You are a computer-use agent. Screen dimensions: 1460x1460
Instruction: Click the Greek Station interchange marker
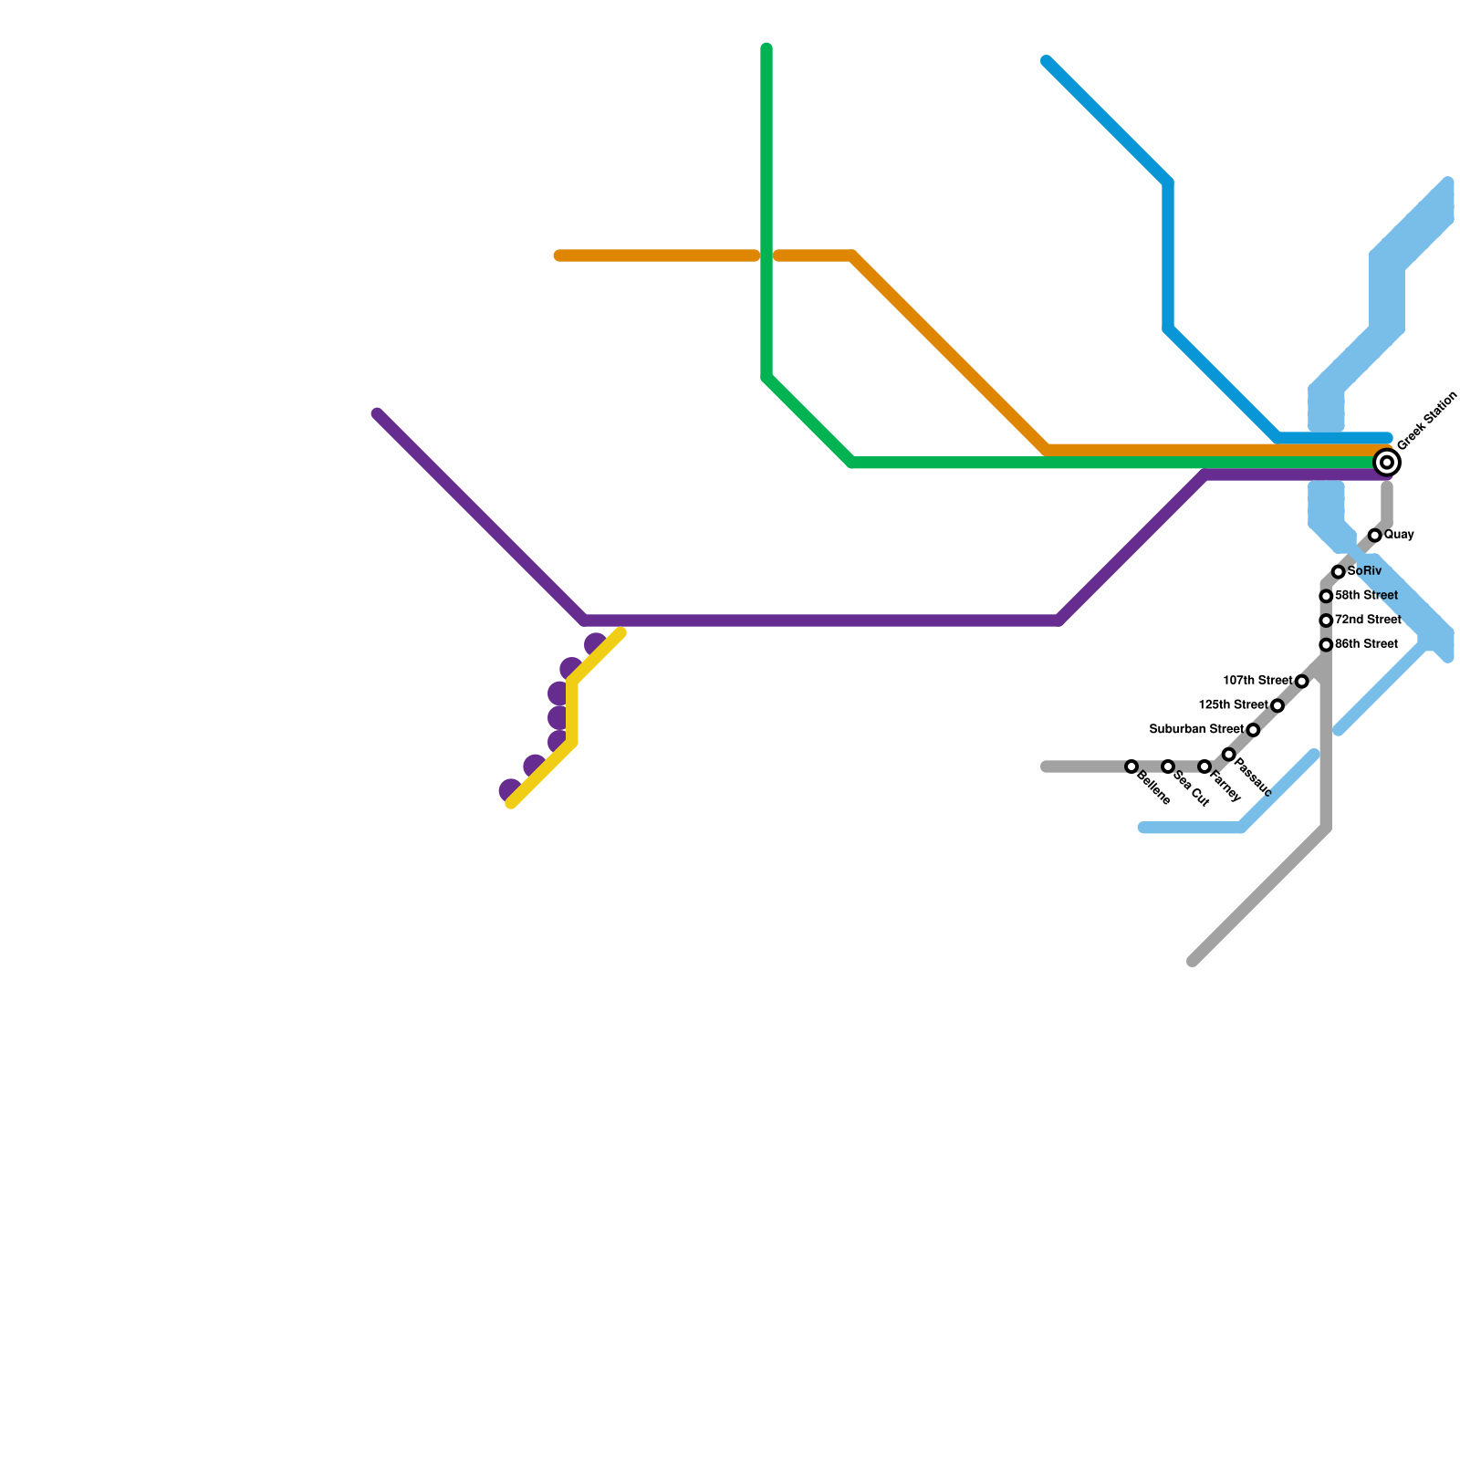[1387, 463]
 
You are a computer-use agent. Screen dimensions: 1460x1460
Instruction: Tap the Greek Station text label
[1427, 421]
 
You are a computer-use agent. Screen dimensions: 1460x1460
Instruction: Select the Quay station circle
[1375, 536]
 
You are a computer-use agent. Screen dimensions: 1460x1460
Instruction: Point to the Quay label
[1399, 535]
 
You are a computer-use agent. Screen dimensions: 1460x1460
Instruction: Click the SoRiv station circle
[1339, 572]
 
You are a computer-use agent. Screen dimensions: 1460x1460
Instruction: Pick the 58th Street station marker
[1326, 597]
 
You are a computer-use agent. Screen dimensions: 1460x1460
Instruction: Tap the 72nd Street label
[1368, 620]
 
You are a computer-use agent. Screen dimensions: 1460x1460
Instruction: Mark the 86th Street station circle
[1326, 645]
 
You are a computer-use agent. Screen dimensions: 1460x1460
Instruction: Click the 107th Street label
[1257, 681]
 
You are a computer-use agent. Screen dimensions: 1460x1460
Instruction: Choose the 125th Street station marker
[1277, 706]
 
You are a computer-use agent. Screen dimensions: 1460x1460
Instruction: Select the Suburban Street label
[1196, 730]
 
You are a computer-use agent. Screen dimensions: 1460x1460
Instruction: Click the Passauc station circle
[1229, 755]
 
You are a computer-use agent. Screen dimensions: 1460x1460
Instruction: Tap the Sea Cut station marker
[1168, 766]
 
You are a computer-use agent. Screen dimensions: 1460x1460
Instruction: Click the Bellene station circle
[1131, 766]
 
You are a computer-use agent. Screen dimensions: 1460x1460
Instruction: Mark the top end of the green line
[766, 48]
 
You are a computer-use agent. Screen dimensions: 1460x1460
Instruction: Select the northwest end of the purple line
[378, 414]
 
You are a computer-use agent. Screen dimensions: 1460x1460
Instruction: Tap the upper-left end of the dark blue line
[1047, 61]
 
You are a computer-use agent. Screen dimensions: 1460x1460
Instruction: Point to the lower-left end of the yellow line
[512, 804]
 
